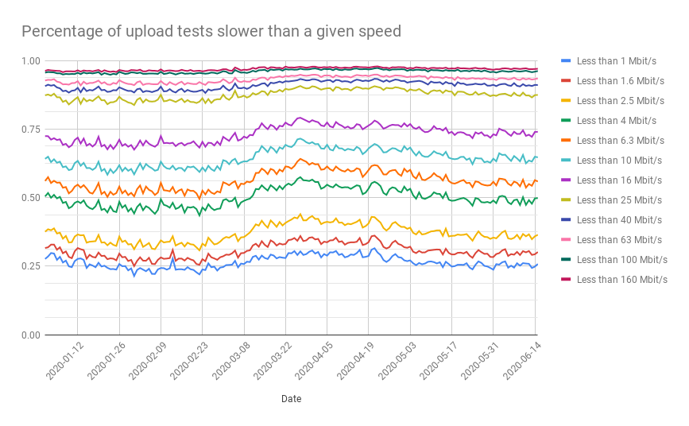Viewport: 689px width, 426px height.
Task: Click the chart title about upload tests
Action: click(211, 31)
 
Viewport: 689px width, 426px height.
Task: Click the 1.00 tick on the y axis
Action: click(30, 61)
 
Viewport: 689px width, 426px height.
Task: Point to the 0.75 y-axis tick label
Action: click(30, 130)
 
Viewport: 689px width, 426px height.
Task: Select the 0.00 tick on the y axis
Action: click(30, 335)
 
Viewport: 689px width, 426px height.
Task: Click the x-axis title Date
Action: click(291, 399)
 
